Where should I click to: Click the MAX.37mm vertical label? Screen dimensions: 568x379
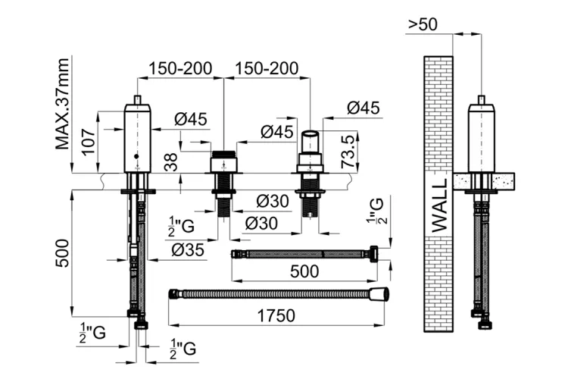[x=62, y=104]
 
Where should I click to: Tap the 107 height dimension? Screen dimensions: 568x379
[x=89, y=142]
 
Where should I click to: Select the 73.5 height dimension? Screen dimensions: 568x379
[x=348, y=152]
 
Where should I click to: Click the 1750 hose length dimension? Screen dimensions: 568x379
[x=276, y=315]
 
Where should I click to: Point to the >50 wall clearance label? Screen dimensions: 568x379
[x=423, y=24]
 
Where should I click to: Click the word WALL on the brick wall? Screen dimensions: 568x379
[x=440, y=205]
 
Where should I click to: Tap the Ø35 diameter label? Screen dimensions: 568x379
[x=188, y=250]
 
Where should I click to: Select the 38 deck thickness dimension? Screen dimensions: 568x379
[x=171, y=162]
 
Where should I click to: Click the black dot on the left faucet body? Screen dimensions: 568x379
[x=136, y=156]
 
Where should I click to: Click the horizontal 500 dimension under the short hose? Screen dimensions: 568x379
[x=304, y=271]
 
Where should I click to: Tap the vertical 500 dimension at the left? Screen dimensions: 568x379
[x=62, y=252]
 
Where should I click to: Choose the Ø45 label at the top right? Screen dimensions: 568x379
[x=364, y=108]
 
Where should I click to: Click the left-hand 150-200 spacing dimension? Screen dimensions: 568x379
[x=180, y=68]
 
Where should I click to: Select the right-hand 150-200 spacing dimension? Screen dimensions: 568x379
[x=267, y=68]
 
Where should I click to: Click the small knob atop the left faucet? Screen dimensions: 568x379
[x=137, y=100]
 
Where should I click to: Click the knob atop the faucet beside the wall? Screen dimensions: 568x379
[x=481, y=100]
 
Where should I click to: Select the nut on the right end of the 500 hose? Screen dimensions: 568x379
[x=373, y=253]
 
